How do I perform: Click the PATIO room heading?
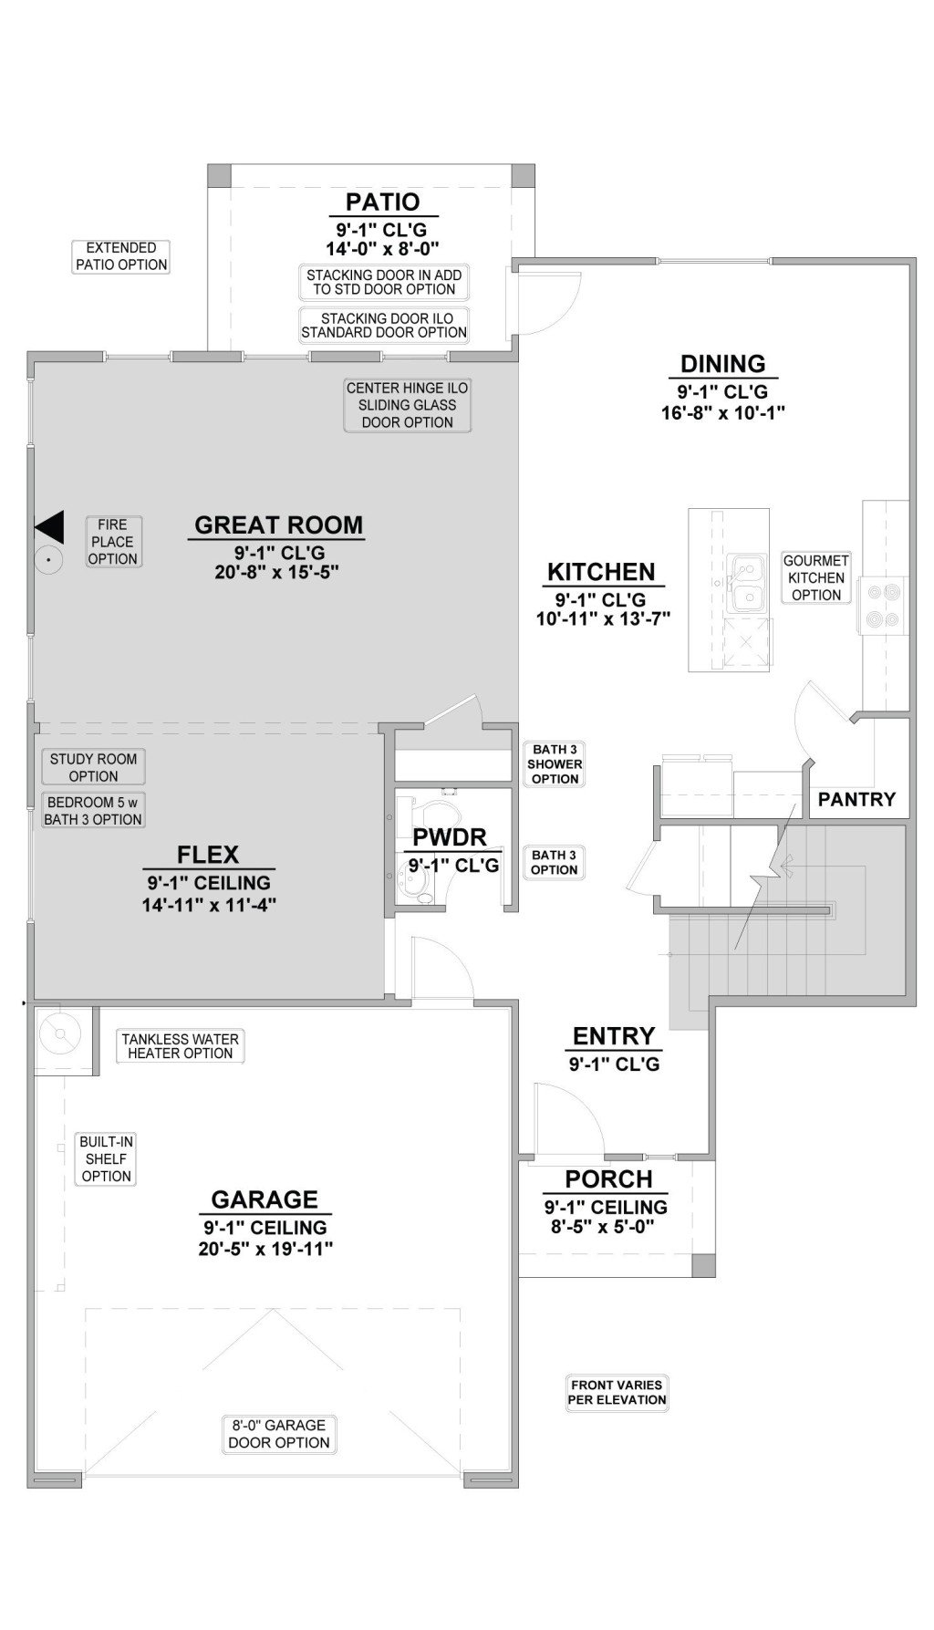pyautogui.click(x=382, y=202)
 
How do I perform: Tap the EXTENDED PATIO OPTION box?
pyautogui.click(x=121, y=256)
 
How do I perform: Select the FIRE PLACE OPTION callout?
pyautogui.click(x=113, y=542)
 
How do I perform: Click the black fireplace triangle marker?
pyautogui.click(x=49, y=527)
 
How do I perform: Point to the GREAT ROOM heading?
pyautogui.click(x=278, y=525)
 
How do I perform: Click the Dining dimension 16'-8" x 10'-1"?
pyautogui.click(x=723, y=412)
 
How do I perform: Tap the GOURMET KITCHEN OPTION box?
pyautogui.click(x=816, y=577)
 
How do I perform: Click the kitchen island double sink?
pyautogui.click(x=748, y=585)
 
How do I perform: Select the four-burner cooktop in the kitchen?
pyautogui.click(x=881, y=604)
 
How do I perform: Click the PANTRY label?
pyautogui.click(x=856, y=799)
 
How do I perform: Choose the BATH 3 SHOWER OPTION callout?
pyautogui.click(x=555, y=764)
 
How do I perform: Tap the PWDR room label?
pyautogui.click(x=449, y=837)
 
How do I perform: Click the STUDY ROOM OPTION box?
pyautogui.click(x=93, y=767)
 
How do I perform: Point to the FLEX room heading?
pyautogui.click(x=208, y=855)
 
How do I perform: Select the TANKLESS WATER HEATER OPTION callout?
pyautogui.click(x=181, y=1046)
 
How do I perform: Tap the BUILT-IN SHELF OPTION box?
pyautogui.click(x=107, y=1159)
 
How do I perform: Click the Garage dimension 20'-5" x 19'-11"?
pyautogui.click(x=265, y=1249)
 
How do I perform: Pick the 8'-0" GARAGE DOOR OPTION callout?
pyautogui.click(x=279, y=1434)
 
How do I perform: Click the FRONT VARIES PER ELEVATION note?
pyautogui.click(x=617, y=1393)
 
